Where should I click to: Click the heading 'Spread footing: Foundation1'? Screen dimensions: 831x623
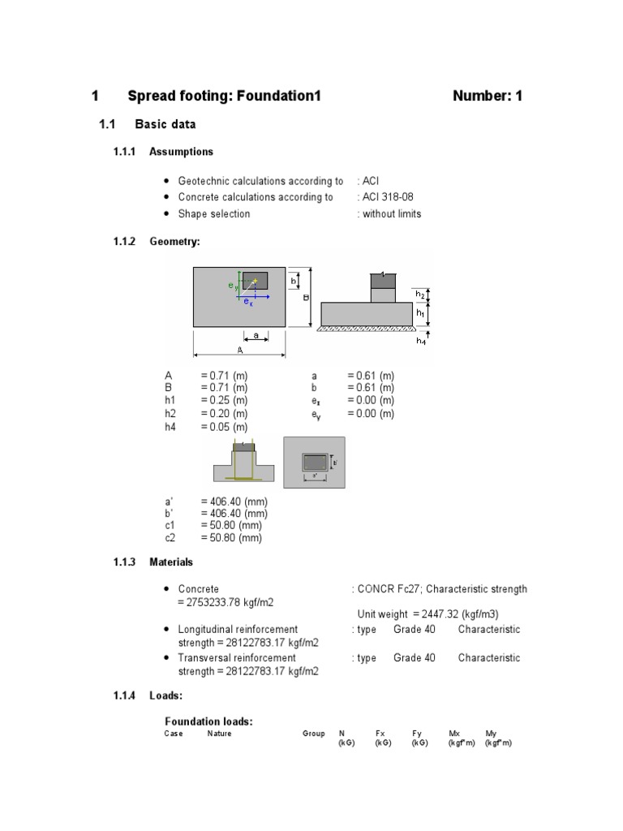[225, 96]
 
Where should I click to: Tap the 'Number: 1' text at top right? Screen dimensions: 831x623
[488, 96]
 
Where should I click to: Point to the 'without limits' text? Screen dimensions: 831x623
[392, 214]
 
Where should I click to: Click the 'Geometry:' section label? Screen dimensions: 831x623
[174, 242]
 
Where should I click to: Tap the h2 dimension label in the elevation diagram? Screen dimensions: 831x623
[420, 294]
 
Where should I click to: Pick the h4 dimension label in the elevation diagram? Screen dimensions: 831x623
[421, 341]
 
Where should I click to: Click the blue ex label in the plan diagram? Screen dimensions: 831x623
[248, 302]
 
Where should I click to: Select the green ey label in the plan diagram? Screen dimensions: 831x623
[232, 286]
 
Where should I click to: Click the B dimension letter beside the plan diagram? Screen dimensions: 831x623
[306, 298]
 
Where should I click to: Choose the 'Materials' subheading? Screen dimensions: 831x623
[171, 562]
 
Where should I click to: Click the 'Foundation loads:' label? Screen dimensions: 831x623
[208, 721]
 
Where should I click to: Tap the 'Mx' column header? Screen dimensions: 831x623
[454, 734]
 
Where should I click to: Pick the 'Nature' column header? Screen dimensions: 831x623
[219, 734]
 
